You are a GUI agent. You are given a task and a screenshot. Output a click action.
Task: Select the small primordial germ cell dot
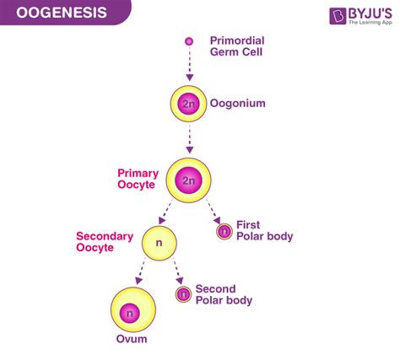(189, 40)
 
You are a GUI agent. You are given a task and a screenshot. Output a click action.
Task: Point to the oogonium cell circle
(189, 104)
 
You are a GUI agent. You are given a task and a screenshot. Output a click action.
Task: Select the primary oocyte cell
(189, 179)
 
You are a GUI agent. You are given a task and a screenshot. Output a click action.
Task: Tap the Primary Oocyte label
(138, 179)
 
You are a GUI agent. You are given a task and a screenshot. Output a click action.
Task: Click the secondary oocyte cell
(159, 243)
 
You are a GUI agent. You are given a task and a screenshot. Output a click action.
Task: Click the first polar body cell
(224, 232)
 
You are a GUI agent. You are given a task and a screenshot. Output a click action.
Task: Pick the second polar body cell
(183, 294)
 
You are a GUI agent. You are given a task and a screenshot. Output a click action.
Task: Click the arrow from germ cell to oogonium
(189, 65)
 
